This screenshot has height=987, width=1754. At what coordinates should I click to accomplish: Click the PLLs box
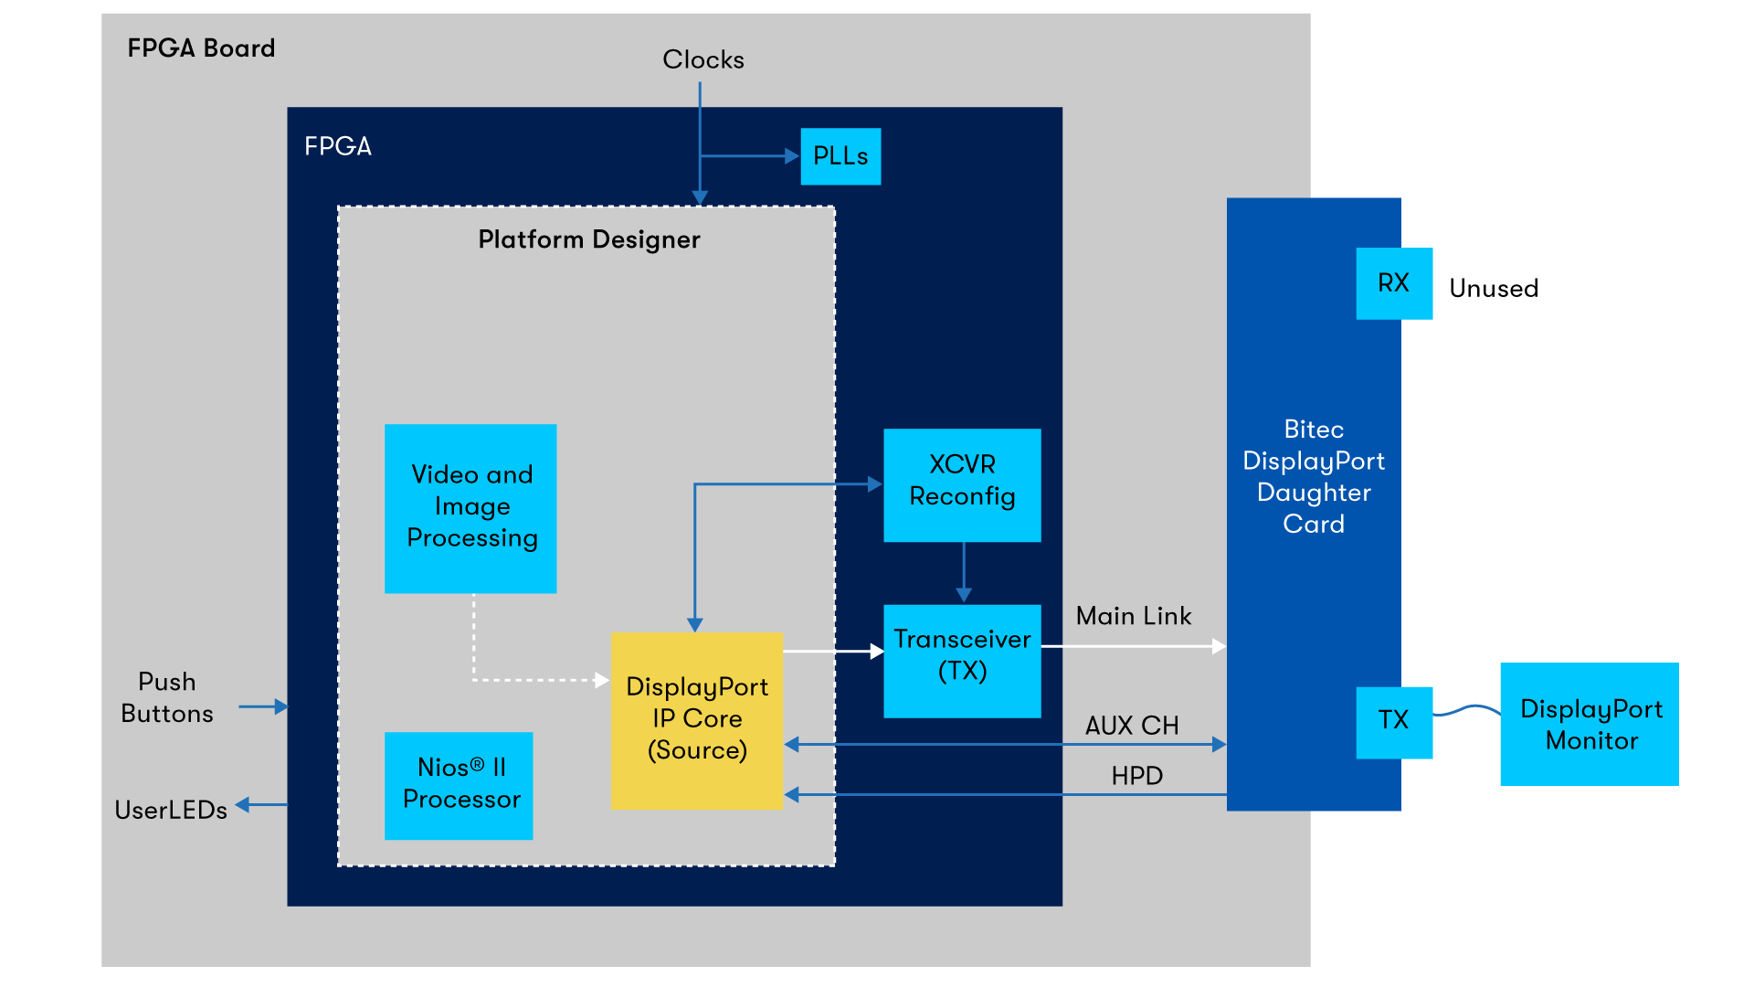point(840,156)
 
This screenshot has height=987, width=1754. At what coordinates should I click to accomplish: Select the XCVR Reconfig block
point(962,484)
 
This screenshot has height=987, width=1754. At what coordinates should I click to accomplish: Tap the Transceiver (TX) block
point(962,660)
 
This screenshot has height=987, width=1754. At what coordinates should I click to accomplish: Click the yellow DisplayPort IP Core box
point(697,719)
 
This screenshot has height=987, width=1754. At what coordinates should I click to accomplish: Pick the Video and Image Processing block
point(470,508)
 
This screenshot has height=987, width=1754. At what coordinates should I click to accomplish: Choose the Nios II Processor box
point(459,785)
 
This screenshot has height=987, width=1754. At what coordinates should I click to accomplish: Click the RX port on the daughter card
point(1393,283)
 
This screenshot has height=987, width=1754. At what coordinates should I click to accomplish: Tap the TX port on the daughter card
point(1393,721)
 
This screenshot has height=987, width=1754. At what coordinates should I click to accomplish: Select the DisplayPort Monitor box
point(1590,724)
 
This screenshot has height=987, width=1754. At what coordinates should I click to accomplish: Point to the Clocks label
point(703,60)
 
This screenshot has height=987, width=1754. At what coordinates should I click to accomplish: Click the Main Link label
point(1133,616)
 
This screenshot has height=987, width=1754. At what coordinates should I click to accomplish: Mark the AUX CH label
point(1132,726)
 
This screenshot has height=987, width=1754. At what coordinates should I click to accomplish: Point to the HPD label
point(1136,776)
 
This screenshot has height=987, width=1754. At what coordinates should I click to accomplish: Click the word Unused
point(1494,289)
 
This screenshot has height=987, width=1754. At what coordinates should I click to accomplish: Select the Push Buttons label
point(167,697)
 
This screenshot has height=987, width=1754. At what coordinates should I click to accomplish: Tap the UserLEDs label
point(171,811)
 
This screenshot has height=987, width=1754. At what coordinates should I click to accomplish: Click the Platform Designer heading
point(589,239)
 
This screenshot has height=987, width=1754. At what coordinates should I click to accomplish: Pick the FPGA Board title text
point(201,48)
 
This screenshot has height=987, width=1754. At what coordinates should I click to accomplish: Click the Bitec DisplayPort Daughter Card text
point(1314,476)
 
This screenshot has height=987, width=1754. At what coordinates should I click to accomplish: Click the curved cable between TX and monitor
point(1467,710)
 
